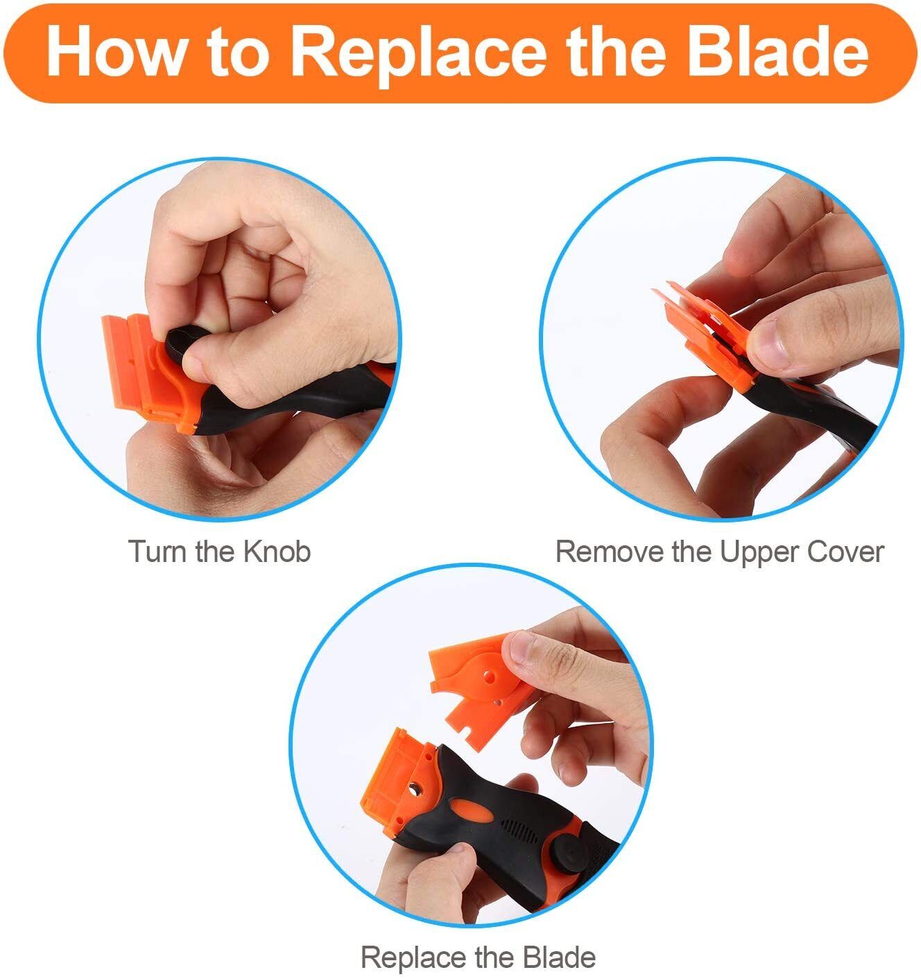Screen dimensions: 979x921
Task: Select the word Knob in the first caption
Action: [277, 552]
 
